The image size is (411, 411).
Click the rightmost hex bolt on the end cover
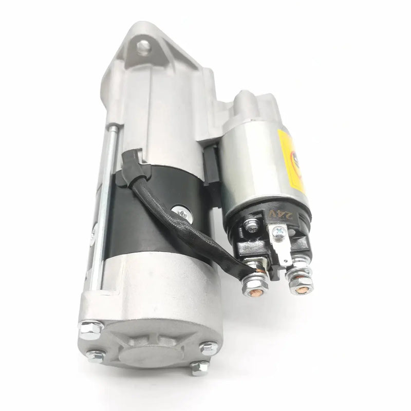coord(207,348)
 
